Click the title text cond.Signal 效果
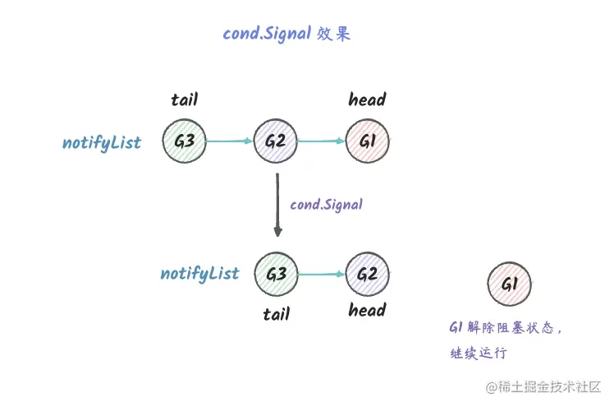tap(286, 35)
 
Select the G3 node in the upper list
tap(184, 141)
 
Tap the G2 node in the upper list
tap(275, 141)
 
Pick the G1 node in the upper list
tap(367, 141)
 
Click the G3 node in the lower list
tap(276, 273)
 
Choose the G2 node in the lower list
tap(367, 273)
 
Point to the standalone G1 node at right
tap(508, 284)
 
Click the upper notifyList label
tap(102, 143)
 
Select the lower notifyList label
tap(199, 274)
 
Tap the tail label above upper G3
tap(184, 101)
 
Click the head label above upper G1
tap(367, 100)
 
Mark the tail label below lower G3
tap(276, 313)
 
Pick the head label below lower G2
tap(367, 311)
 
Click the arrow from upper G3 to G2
tap(229, 141)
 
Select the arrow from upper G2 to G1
tap(321, 141)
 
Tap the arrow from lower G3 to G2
tap(321, 274)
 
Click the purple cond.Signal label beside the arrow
tap(326, 204)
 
